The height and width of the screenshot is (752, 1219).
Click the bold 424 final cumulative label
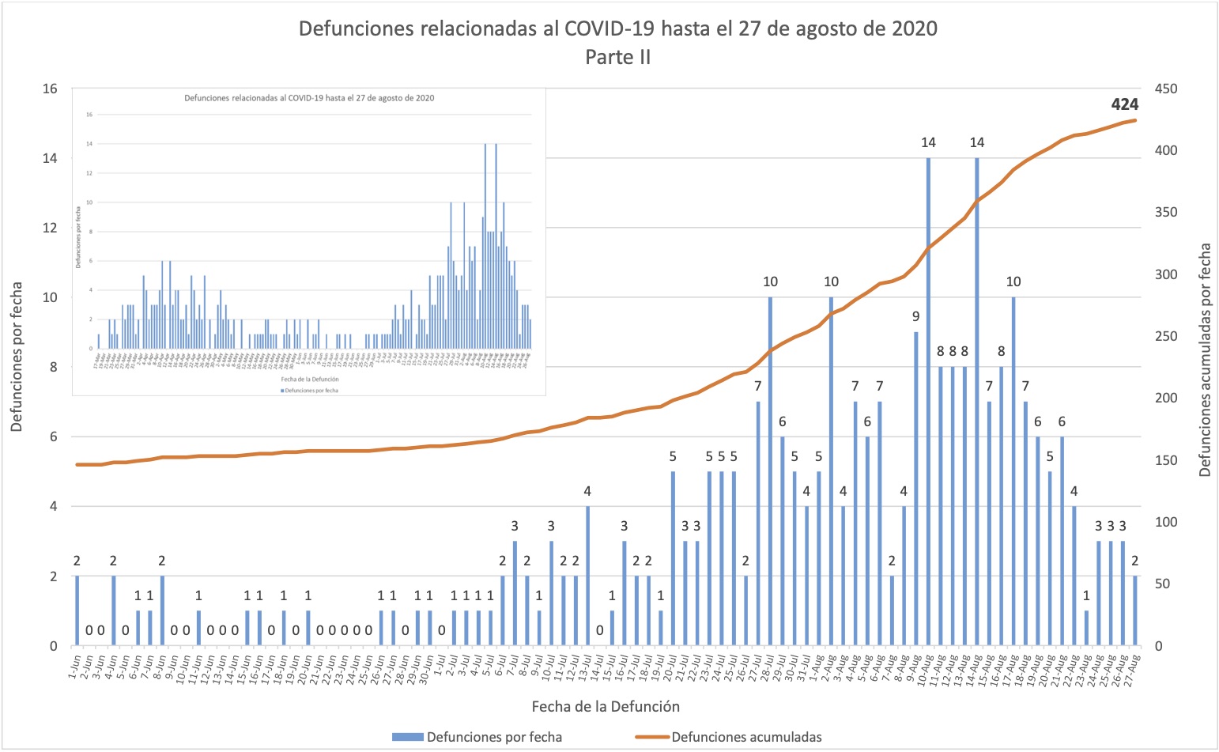[1124, 104]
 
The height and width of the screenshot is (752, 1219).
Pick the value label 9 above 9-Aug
[915, 316]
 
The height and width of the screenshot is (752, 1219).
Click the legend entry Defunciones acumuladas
[745, 737]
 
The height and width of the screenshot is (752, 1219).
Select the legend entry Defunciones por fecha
[493, 737]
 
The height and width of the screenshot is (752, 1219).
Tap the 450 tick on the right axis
[1166, 89]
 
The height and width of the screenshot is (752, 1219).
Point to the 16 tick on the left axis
[50, 89]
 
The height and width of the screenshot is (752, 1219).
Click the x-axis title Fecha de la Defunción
[605, 706]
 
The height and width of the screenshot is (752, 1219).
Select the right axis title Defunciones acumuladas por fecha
[1205, 360]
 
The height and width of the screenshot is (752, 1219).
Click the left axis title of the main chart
[17, 357]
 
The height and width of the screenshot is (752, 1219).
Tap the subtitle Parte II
[617, 57]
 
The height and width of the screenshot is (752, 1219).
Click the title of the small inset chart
[309, 98]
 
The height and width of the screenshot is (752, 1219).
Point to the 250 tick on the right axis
[1166, 336]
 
